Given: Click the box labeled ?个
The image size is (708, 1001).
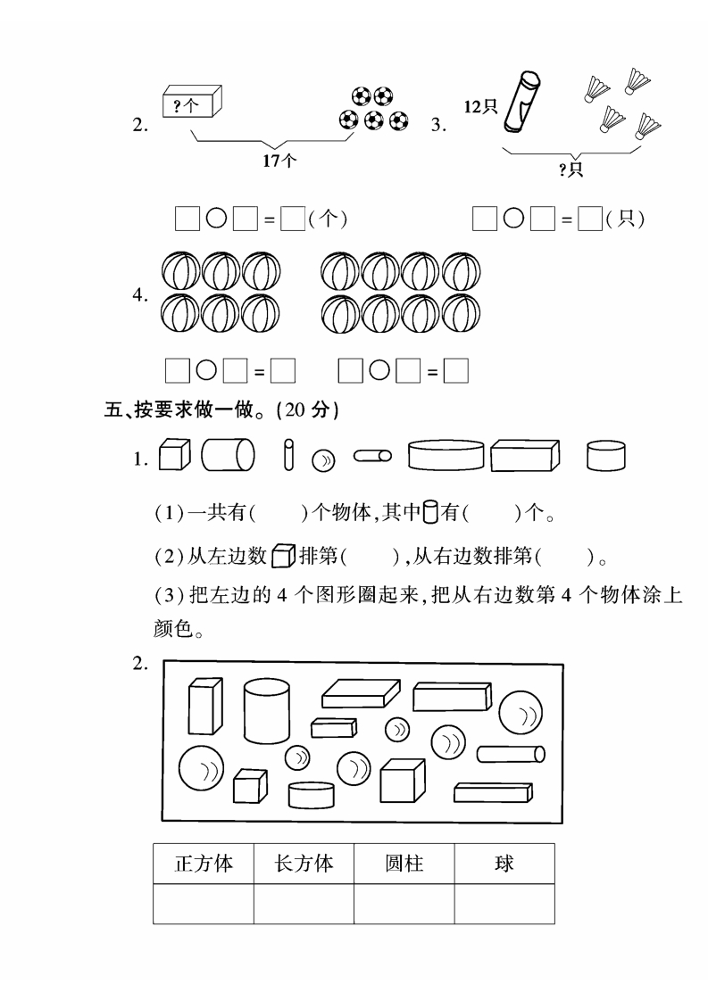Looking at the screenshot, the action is (192, 102).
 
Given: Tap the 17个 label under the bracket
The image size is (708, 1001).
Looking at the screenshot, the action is (279, 161).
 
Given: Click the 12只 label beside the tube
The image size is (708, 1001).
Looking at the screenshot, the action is (480, 106).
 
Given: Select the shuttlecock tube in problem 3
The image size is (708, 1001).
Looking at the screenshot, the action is (521, 102).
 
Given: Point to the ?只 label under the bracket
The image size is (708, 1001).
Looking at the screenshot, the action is (571, 170).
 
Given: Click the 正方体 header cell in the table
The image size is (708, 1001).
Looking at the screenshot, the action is (204, 864).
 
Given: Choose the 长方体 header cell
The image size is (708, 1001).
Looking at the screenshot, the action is (304, 864).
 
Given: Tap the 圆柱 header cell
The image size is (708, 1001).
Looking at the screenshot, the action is (404, 864).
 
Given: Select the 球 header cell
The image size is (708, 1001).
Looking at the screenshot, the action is (504, 864).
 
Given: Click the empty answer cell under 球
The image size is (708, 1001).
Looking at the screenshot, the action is (504, 904).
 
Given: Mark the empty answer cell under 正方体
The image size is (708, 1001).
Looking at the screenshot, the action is (204, 904).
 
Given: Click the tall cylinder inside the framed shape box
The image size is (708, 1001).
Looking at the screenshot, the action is (266, 710).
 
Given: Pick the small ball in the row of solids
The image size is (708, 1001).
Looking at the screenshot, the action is (323, 461).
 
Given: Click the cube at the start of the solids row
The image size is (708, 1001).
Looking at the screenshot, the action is (174, 454).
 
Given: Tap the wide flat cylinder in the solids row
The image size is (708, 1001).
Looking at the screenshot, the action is (446, 454).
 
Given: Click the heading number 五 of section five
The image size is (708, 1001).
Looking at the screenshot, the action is (113, 409).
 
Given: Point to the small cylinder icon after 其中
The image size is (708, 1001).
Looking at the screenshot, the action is (430, 511).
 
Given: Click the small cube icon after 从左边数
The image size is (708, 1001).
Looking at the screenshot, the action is (283, 556).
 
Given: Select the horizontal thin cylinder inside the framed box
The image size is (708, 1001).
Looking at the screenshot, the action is (511, 754).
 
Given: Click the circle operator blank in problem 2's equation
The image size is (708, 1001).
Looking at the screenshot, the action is (216, 219).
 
